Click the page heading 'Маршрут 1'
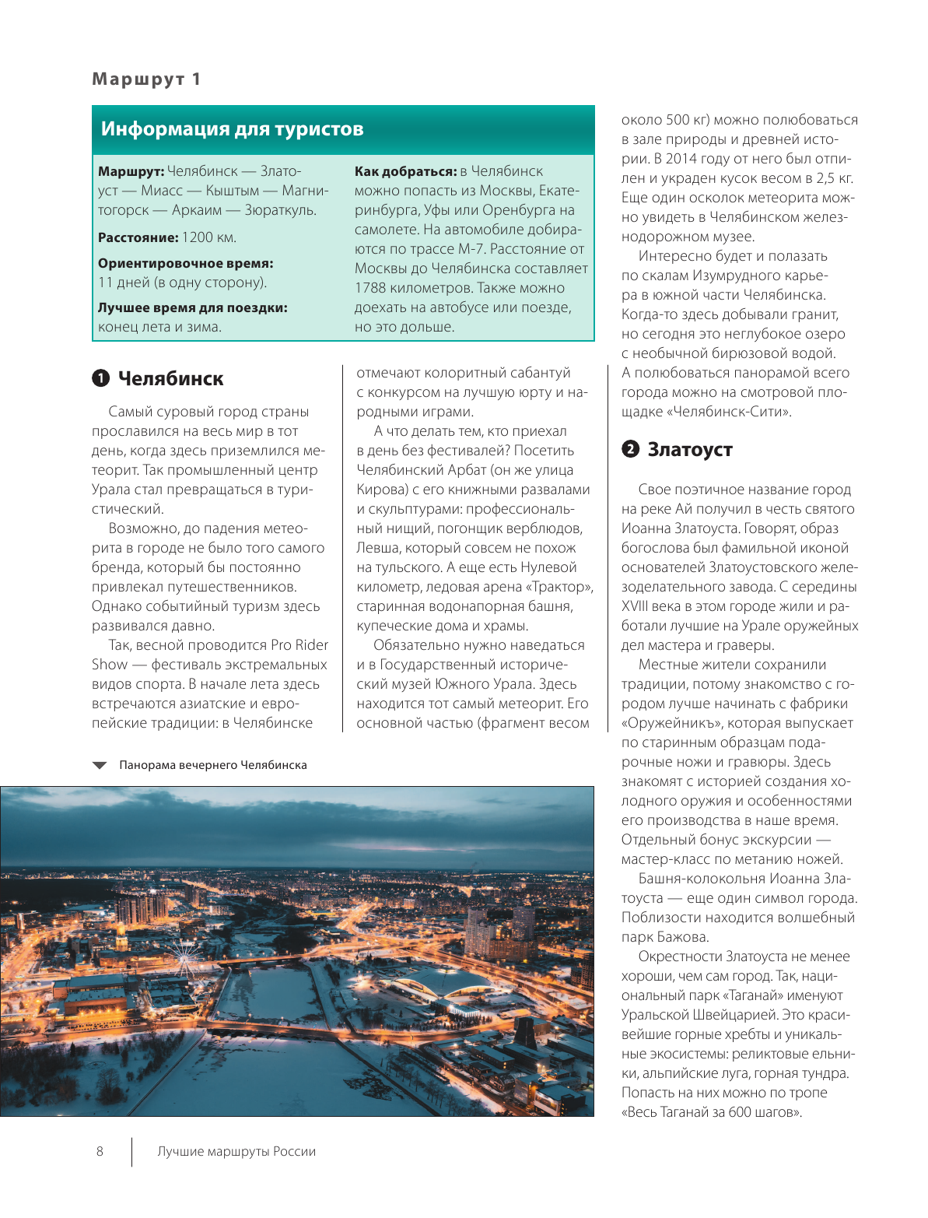(146, 79)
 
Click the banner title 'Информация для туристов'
(232, 129)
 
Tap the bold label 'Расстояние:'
(138, 237)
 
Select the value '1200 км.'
(209, 237)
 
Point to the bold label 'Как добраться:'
(405, 171)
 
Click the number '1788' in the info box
(370, 288)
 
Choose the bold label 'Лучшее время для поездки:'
(192, 307)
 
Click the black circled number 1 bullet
(100, 379)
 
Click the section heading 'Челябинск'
(170, 379)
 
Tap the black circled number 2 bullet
(630, 450)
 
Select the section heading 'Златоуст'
(690, 450)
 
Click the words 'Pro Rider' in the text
(299, 645)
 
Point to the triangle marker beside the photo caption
(100, 765)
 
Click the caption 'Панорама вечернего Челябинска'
(212, 765)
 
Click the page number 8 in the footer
(100, 1151)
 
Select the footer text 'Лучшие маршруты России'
(236, 1151)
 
